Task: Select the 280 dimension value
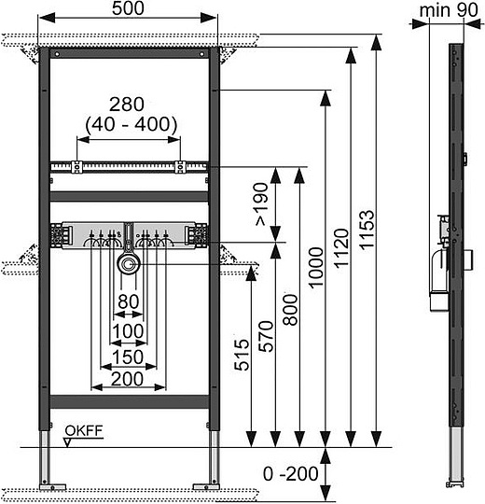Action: (x=128, y=104)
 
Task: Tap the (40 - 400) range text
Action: (x=128, y=122)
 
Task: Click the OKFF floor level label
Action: (x=83, y=430)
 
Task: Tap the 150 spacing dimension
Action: (x=128, y=356)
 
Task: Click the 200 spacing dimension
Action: (x=128, y=378)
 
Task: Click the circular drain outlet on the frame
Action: (x=127, y=265)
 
